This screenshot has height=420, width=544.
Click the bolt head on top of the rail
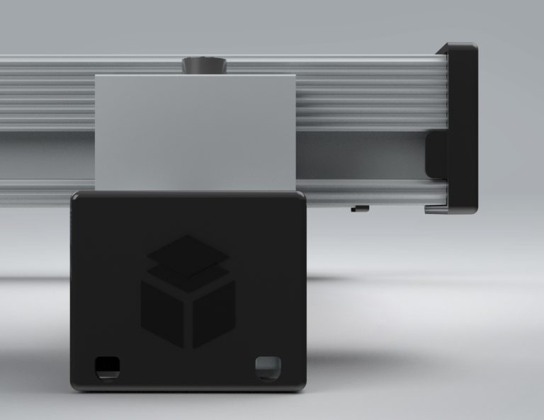tap(203, 65)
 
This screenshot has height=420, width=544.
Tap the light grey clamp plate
tap(195, 131)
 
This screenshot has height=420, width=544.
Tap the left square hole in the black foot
tap(107, 365)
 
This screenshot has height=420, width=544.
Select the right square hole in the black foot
tap(268, 365)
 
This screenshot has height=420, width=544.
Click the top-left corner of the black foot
tap(74, 194)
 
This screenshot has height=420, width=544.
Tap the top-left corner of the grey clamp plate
tap(97, 74)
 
